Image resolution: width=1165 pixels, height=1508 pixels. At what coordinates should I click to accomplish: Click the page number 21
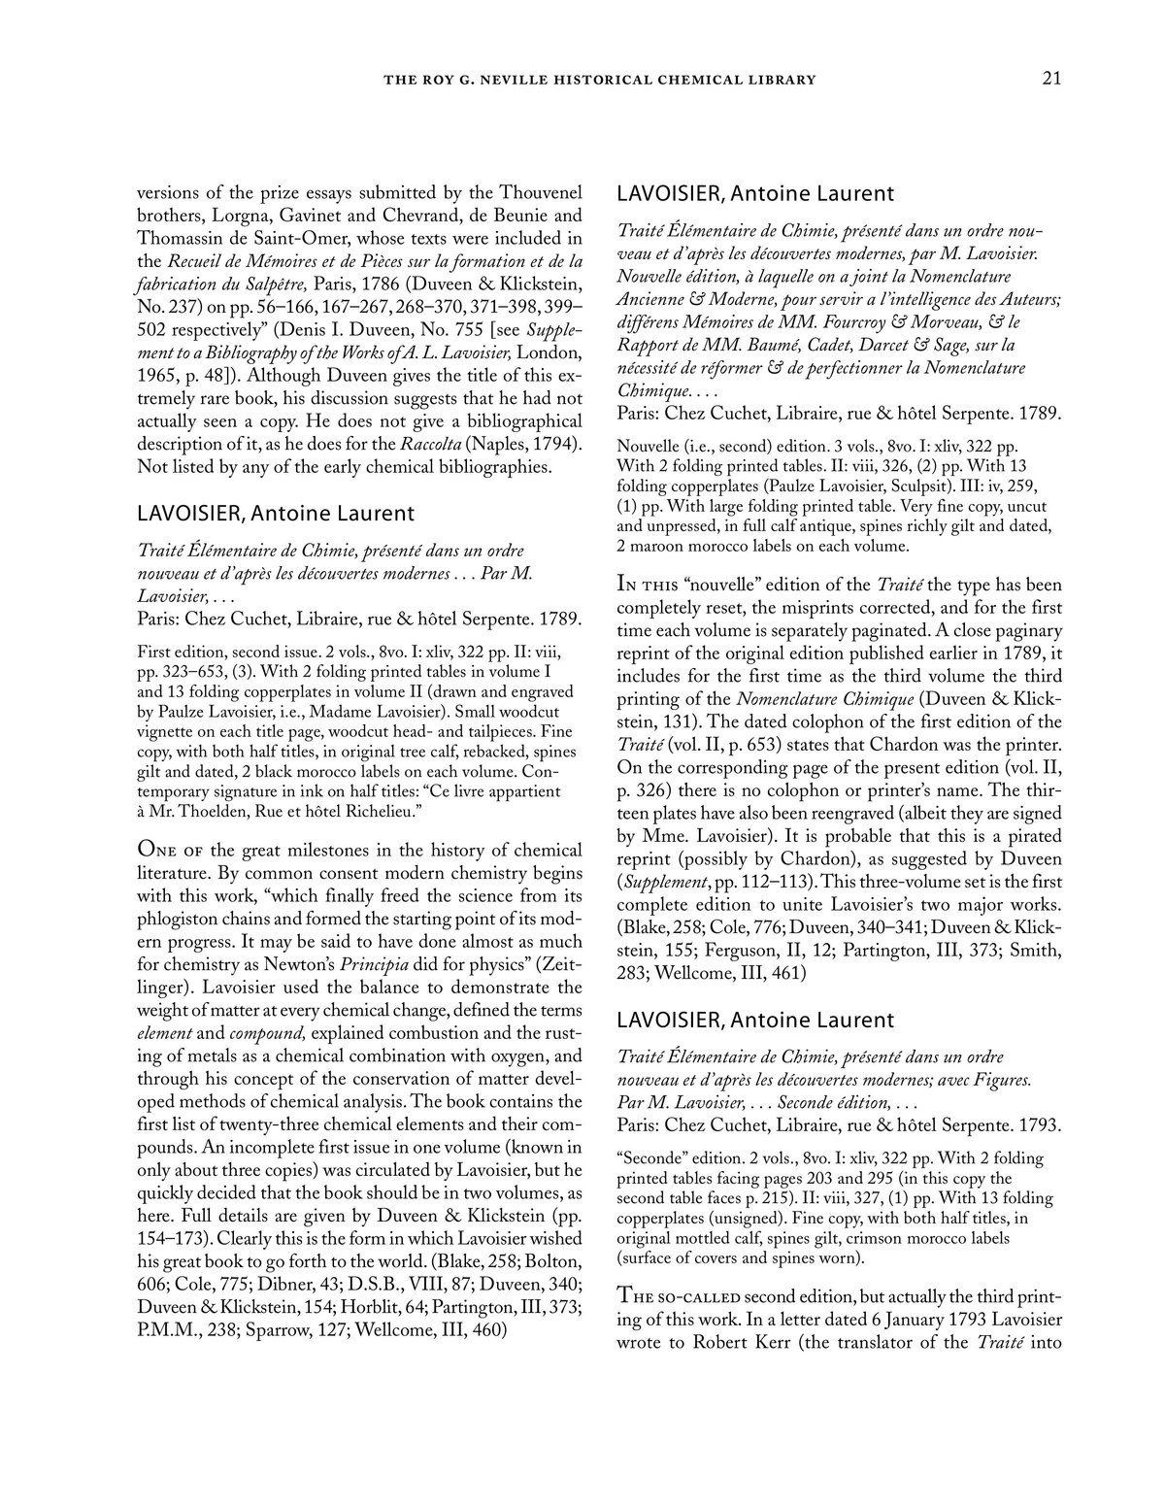pos(1051,79)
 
